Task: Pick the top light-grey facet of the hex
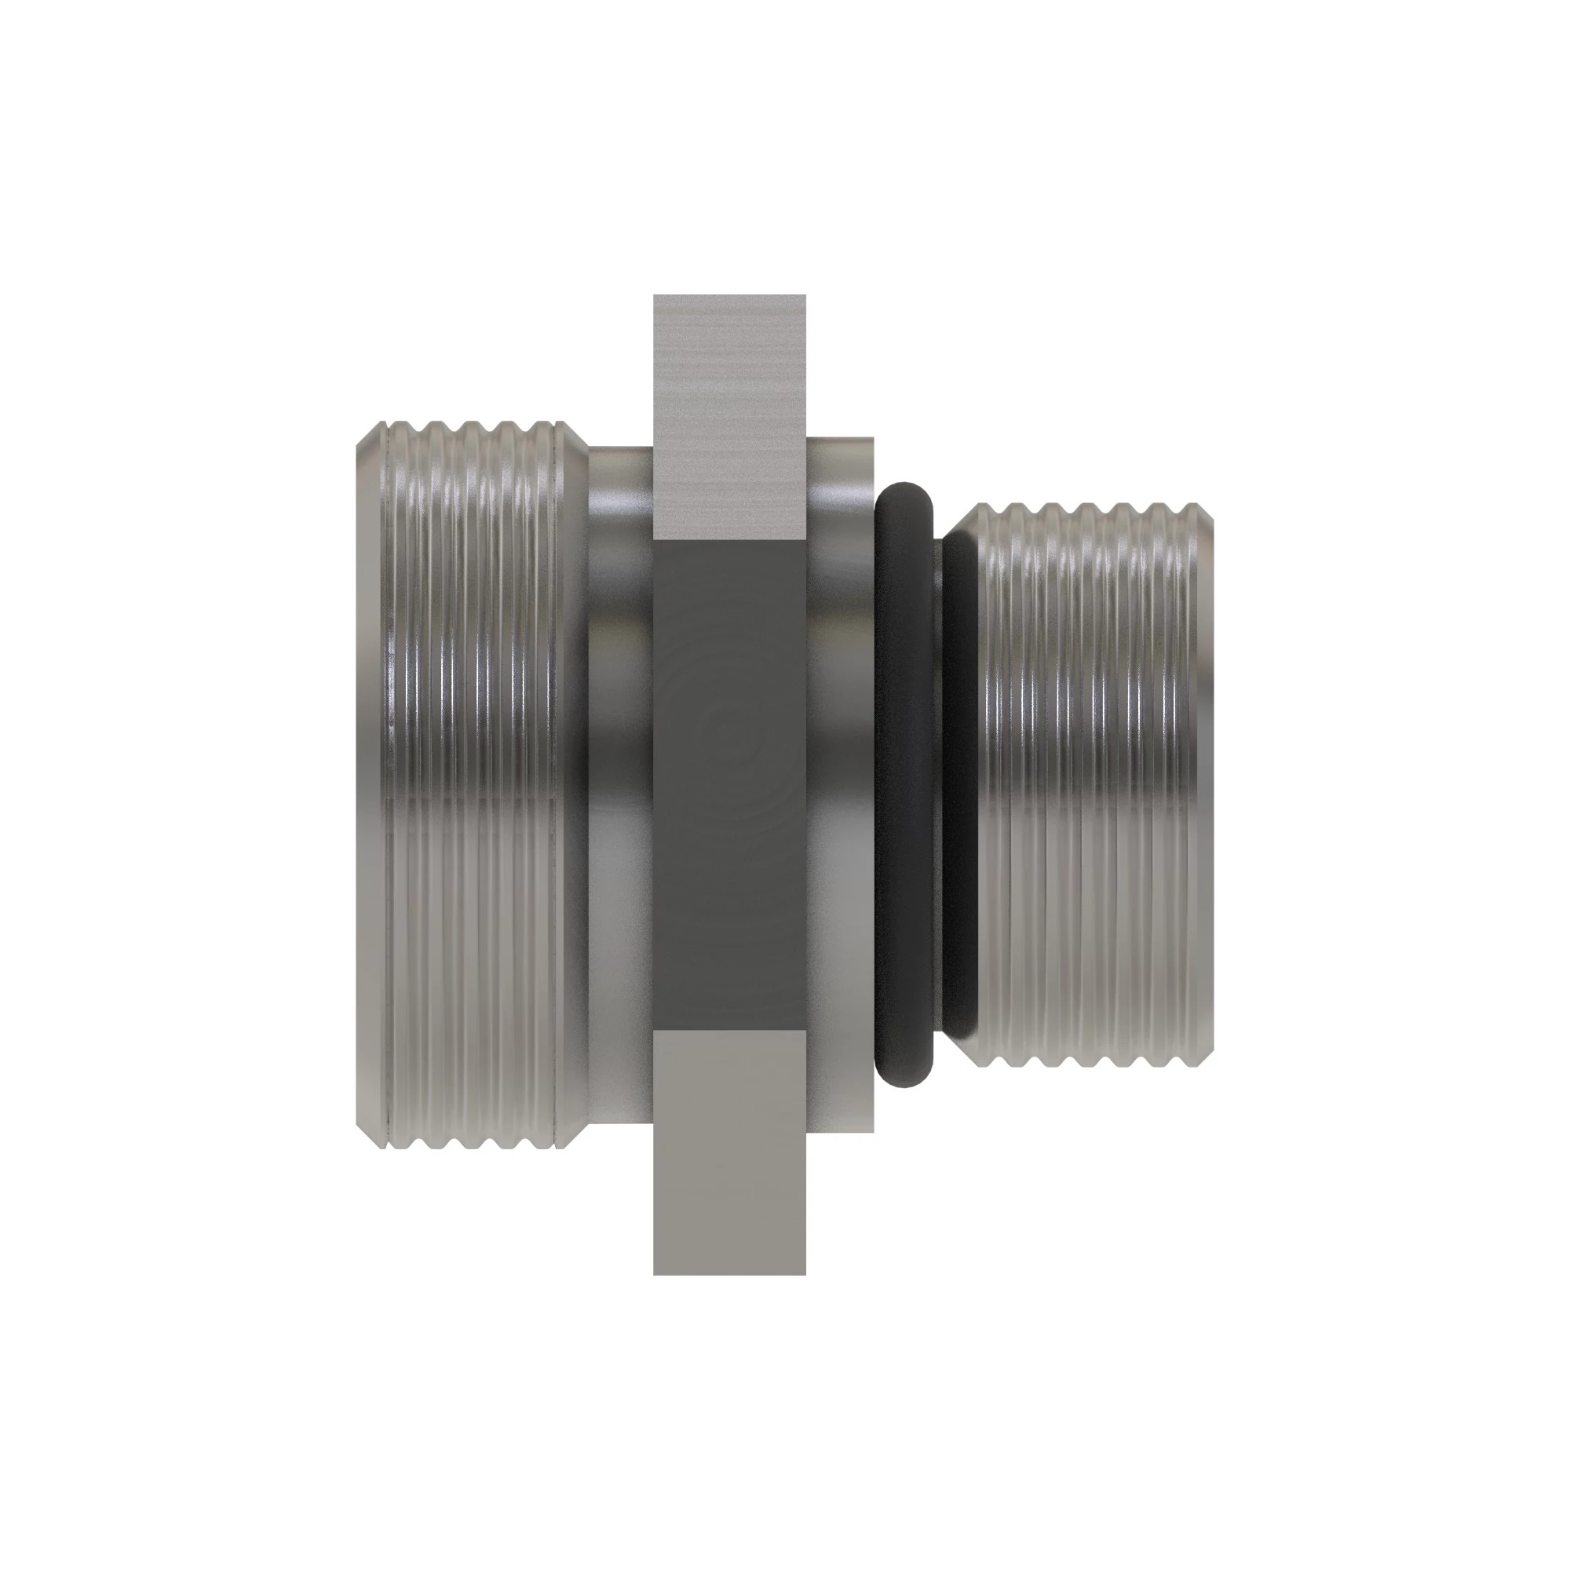pyautogui.click(x=729, y=414)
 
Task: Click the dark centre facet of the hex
pyautogui.click(x=729, y=784)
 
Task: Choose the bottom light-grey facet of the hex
pyautogui.click(x=729, y=1154)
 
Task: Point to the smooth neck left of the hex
pyautogui.click(x=620, y=784)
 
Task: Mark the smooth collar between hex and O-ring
pyautogui.click(x=840, y=784)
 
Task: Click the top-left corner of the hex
pyautogui.click(x=655, y=297)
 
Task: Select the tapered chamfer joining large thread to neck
pyautogui.click(x=575, y=784)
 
